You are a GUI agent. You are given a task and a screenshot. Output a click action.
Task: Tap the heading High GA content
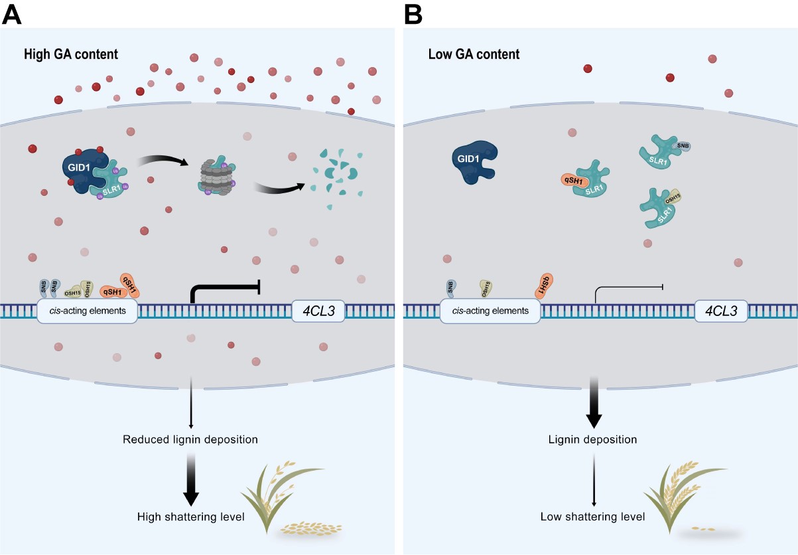click(x=70, y=54)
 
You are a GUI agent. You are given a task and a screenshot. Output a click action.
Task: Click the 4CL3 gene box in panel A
click(x=318, y=310)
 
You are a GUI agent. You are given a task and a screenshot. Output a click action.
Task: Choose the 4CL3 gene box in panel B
click(x=722, y=310)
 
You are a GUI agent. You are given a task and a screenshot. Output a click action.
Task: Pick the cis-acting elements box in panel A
click(x=87, y=310)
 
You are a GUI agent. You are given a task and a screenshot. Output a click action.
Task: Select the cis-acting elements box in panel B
click(x=490, y=310)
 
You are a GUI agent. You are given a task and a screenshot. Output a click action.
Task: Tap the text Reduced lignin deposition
click(x=190, y=439)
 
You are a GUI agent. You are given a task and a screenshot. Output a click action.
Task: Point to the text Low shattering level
click(x=592, y=516)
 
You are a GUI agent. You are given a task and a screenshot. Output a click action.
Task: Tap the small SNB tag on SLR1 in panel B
click(x=681, y=146)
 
